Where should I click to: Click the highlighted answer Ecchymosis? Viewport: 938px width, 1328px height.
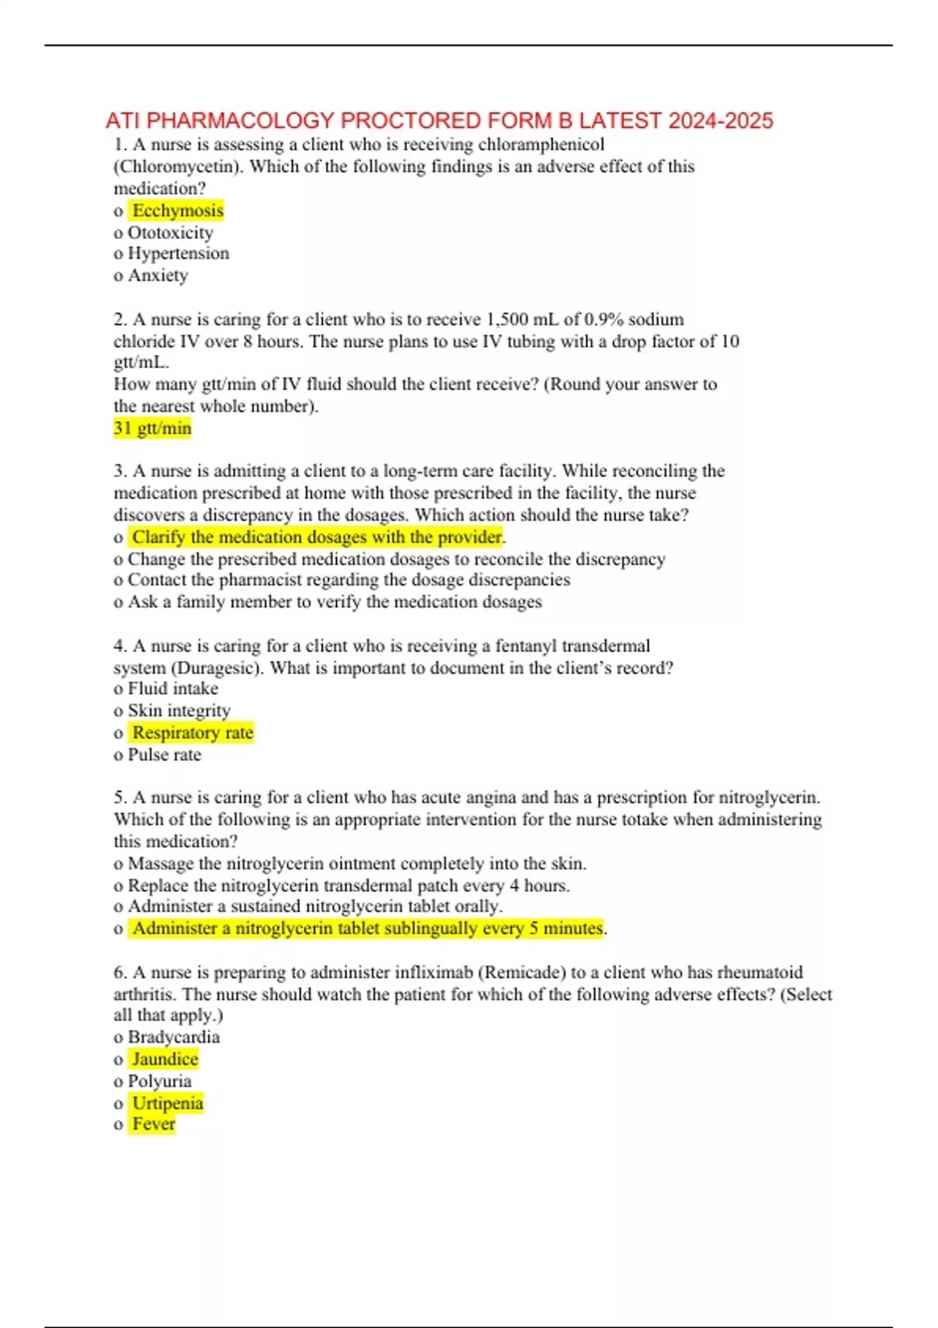[x=177, y=210]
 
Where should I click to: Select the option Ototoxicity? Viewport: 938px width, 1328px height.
[x=170, y=232]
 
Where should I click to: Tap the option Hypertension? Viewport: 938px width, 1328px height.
[x=178, y=253]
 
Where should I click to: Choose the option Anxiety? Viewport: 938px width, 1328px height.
[x=158, y=275]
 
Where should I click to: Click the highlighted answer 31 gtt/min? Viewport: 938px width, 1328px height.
[x=152, y=428]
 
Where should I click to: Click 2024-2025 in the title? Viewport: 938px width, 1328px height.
[x=721, y=120]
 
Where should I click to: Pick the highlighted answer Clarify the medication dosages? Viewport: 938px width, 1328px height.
[x=317, y=537]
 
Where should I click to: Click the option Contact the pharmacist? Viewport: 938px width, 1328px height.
[x=349, y=580]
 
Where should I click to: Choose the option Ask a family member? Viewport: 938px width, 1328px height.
[x=335, y=602]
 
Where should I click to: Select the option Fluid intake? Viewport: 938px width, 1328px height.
[x=173, y=688]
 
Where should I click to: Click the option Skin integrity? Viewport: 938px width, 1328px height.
[x=179, y=710]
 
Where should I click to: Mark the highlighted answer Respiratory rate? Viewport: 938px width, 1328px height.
[x=192, y=733]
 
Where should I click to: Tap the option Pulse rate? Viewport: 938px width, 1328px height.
[x=164, y=755]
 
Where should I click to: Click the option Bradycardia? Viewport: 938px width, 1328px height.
[x=174, y=1037]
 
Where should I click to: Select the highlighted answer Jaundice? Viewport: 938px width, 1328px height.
[x=165, y=1059]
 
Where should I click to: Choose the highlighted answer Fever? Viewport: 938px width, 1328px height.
[x=154, y=1124]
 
